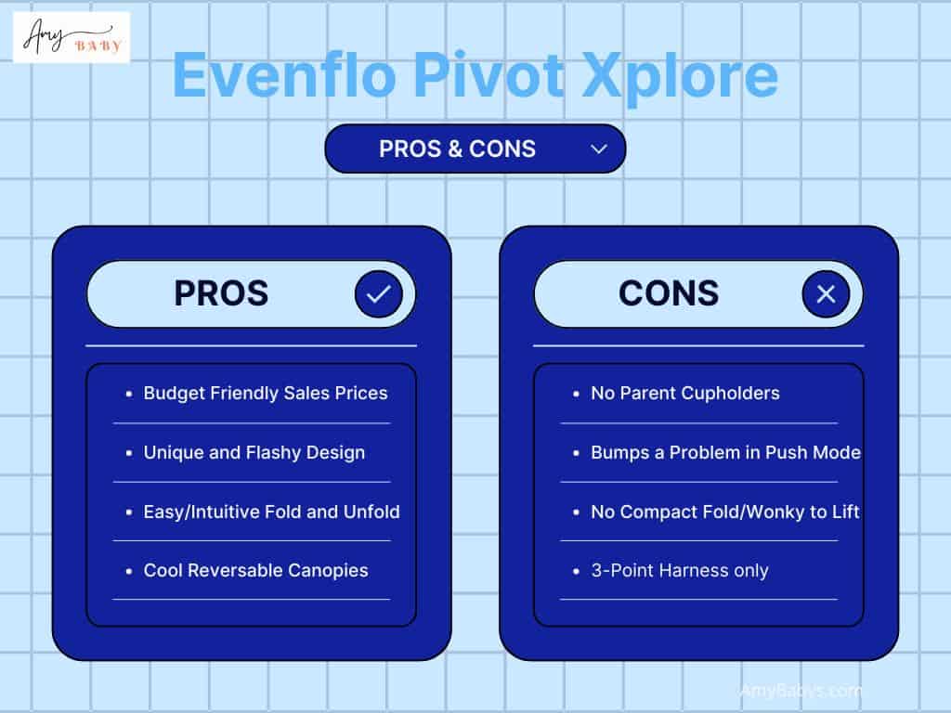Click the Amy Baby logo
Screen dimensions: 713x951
click(x=72, y=37)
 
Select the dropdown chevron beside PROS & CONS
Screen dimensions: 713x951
click(x=599, y=149)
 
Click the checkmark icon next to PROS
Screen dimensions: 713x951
click(x=379, y=294)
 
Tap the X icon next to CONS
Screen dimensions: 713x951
click(x=826, y=294)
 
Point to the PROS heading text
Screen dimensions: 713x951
click(x=221, y=293)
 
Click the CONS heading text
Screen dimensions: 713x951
click(x=669, y=293)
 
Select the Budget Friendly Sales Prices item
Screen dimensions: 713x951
click(x=266, y=393)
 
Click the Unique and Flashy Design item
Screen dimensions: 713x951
click(x=254, y=452)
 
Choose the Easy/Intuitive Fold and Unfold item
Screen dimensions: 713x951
click(x=271, y=512)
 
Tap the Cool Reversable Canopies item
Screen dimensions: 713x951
click(x=255, y=570)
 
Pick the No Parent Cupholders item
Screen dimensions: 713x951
click(x=685, y=393)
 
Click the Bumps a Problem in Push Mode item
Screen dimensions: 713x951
click(x=725, y=452)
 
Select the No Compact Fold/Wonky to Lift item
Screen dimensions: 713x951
click(x=725, y=512)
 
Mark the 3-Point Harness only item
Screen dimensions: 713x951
click(x=680, y=570)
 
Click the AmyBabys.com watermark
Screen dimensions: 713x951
click(x=801, y=691)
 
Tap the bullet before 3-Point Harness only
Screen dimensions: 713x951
click(x=577, y=571)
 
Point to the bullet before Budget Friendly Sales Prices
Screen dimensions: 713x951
click(x=129, y=394)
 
